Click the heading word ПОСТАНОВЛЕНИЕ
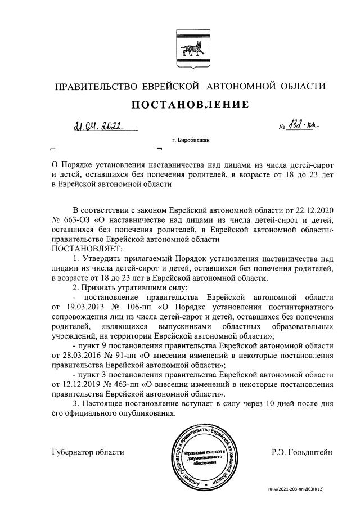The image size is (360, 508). pos(190,105)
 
